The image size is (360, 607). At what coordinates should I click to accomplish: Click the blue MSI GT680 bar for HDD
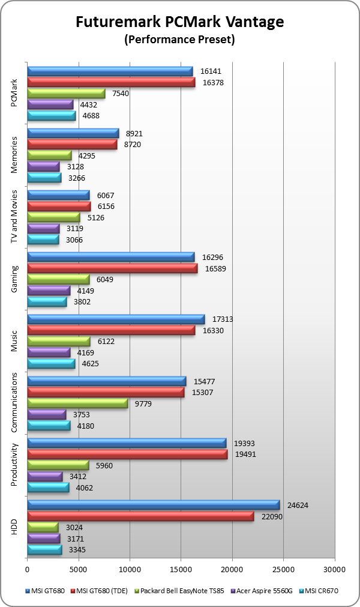[x=153, y=505]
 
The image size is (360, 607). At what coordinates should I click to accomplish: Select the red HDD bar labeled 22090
[x=140, y=516]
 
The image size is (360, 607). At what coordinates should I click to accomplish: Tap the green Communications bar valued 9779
[x=77, y=403]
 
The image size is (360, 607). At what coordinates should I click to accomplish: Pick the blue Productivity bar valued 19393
[x=127, y=443]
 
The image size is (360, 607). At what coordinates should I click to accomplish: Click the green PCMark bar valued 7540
[x=66, y=94]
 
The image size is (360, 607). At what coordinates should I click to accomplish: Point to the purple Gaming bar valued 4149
[x=49, y=291]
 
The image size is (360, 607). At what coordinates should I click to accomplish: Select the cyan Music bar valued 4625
[x=51, y=363]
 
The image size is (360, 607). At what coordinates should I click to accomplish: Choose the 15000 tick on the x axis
[x=181, y=568]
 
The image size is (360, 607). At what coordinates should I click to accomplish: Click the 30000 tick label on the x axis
[x=334, y=568]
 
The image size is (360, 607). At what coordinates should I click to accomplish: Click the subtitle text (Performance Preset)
[x=179, y=40]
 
